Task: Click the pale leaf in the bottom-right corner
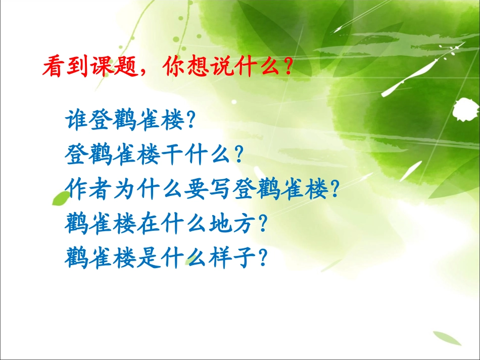447,338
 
